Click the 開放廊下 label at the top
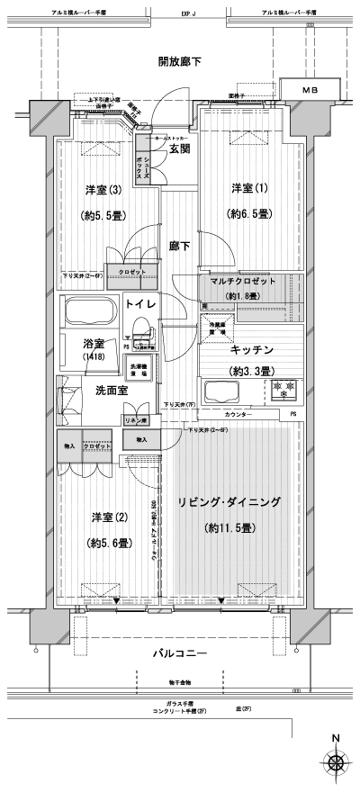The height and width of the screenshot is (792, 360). pyautogui.click(x=179, y=61)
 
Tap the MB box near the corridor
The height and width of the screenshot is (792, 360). pyautogui.click(x=310, y=92)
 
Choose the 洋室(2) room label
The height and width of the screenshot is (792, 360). pyautogui.click(x=107, y=517)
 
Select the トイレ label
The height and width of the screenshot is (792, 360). pyautogui.click(x=140, y=305)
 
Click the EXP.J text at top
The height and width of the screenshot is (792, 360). pyautogui.click(x=188, y=14)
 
